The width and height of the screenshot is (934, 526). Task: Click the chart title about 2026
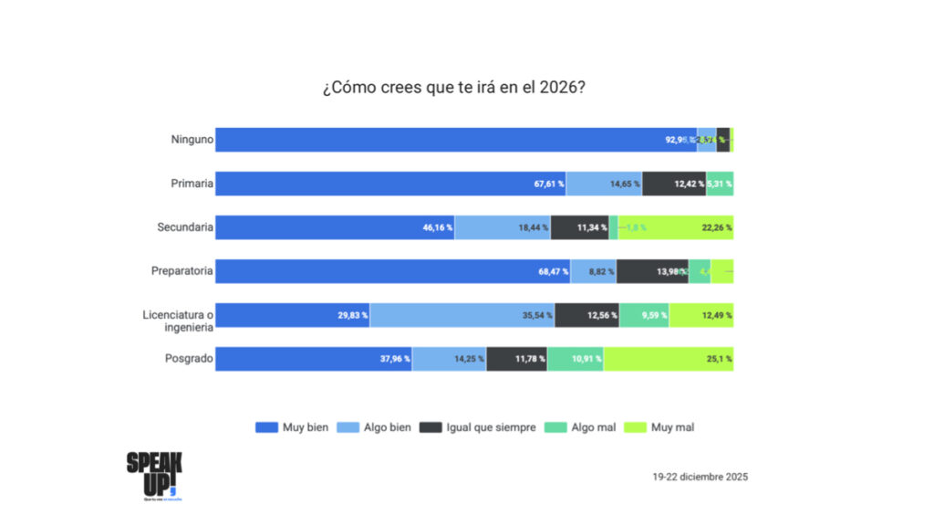452,88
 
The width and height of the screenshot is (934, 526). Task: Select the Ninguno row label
192,140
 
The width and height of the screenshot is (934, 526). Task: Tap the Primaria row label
192,184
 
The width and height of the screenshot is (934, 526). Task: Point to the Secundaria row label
185,227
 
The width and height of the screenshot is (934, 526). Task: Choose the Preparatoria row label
182,271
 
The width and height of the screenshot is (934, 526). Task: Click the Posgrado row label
190,359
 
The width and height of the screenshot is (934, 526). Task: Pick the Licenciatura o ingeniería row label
178,321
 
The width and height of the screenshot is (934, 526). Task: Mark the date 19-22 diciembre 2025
700,477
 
